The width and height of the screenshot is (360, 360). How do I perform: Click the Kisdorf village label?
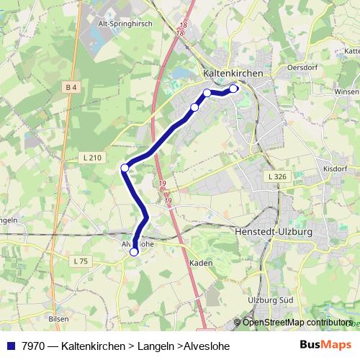coord(335,168)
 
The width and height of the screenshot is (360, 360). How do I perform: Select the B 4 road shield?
coord(71,88)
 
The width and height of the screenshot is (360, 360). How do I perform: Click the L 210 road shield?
coord(94,158)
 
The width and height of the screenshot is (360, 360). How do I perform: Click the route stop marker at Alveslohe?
coord(134,252)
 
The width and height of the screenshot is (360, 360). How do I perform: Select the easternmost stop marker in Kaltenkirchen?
coord(233,89)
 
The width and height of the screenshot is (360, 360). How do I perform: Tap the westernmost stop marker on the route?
coord(125,168)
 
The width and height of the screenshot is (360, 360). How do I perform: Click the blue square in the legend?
coord(12,346)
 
